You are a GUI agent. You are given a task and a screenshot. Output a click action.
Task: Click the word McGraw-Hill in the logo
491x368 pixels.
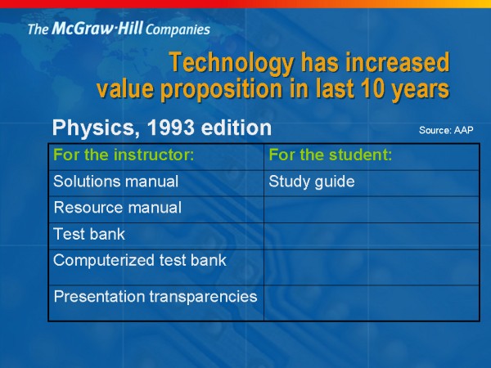click(x=97, y=28)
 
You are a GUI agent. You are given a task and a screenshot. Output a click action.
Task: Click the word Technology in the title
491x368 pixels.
click(x=232, y=63)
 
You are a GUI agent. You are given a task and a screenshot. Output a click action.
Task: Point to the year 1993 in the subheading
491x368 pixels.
click(x=171, y=128)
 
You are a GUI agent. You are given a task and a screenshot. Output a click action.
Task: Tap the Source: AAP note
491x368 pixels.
click(x=446, y=130)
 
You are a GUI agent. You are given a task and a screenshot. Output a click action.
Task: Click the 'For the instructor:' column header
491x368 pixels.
click(x=124, y=155)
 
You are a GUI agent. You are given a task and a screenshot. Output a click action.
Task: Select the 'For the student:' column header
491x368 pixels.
click(x=331, y=155)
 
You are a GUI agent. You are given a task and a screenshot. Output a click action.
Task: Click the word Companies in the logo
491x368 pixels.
click(x=178, y=29)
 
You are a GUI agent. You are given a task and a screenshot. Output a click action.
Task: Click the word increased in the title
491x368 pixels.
click(x=398, y=63)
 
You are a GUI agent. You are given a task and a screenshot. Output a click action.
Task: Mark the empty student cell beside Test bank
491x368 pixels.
click(x=372, y=236)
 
